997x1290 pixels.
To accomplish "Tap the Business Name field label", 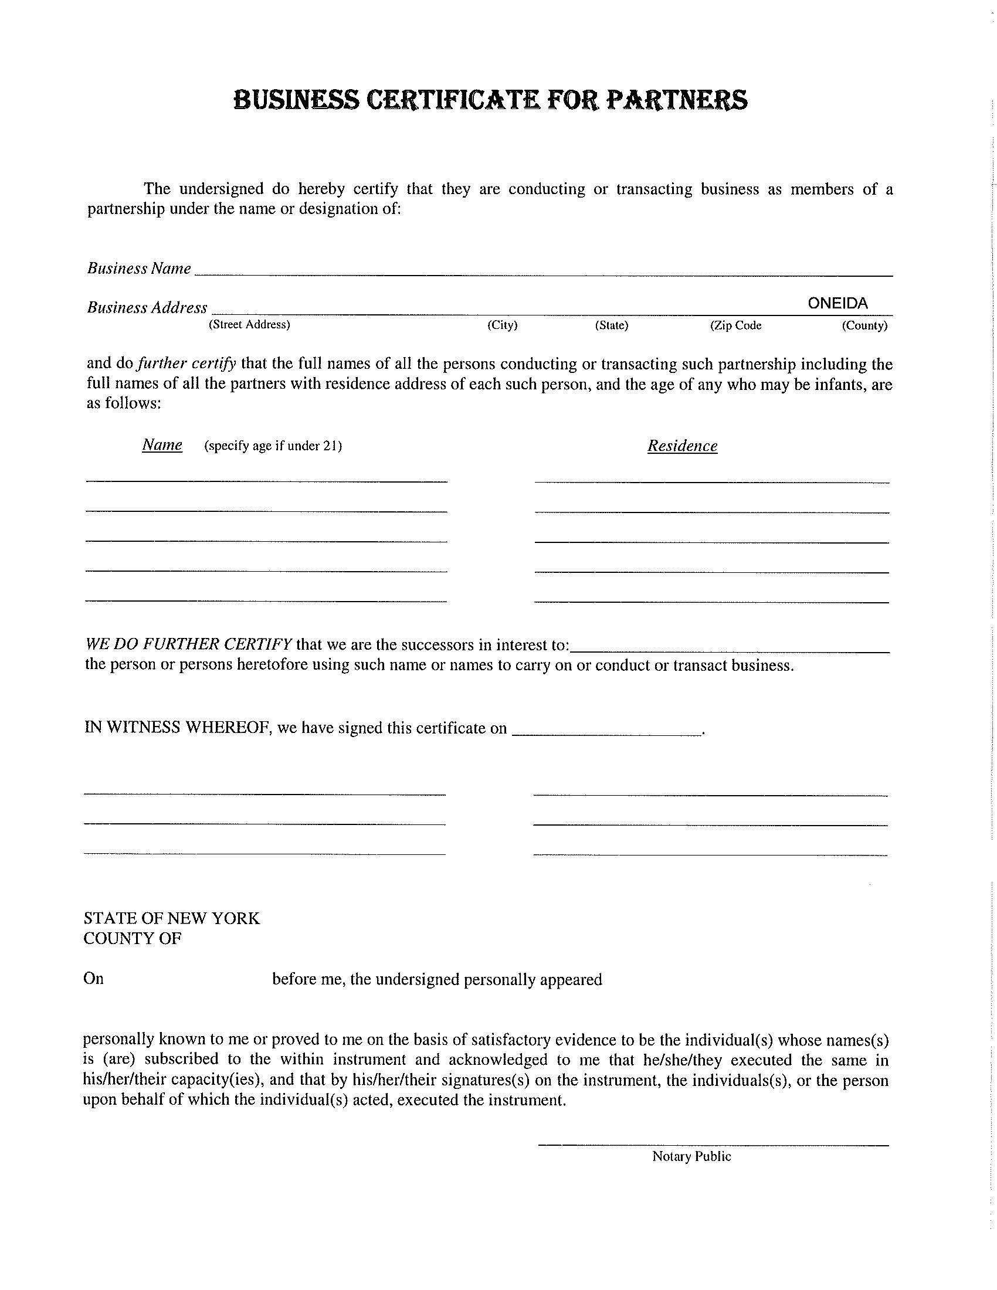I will click(139, 269).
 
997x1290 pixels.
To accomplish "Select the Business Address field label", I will click(147, 308).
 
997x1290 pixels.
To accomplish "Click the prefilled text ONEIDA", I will click(837, 304).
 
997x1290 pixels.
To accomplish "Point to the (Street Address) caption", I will click(249, 325).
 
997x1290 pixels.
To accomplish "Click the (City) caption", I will click(502, 325).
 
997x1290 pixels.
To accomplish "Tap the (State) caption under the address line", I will click(611, 325).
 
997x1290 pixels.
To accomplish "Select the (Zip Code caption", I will click(735, 325).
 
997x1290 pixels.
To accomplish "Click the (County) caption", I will click(864, 325).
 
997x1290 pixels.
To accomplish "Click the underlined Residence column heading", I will click(682, 446).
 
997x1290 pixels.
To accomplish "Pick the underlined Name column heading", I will click(162, 445).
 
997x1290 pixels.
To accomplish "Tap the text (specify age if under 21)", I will click(273, 446).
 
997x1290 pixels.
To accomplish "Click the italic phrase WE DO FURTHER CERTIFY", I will click(188, 644).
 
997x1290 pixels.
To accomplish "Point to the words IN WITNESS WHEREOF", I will click(177, 728).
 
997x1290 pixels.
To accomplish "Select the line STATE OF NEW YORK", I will click(171, 918).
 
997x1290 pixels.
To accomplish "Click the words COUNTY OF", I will click(133, 939).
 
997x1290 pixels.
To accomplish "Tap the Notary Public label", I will click(691, 1156).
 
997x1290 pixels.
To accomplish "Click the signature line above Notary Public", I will click(713, 1145).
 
